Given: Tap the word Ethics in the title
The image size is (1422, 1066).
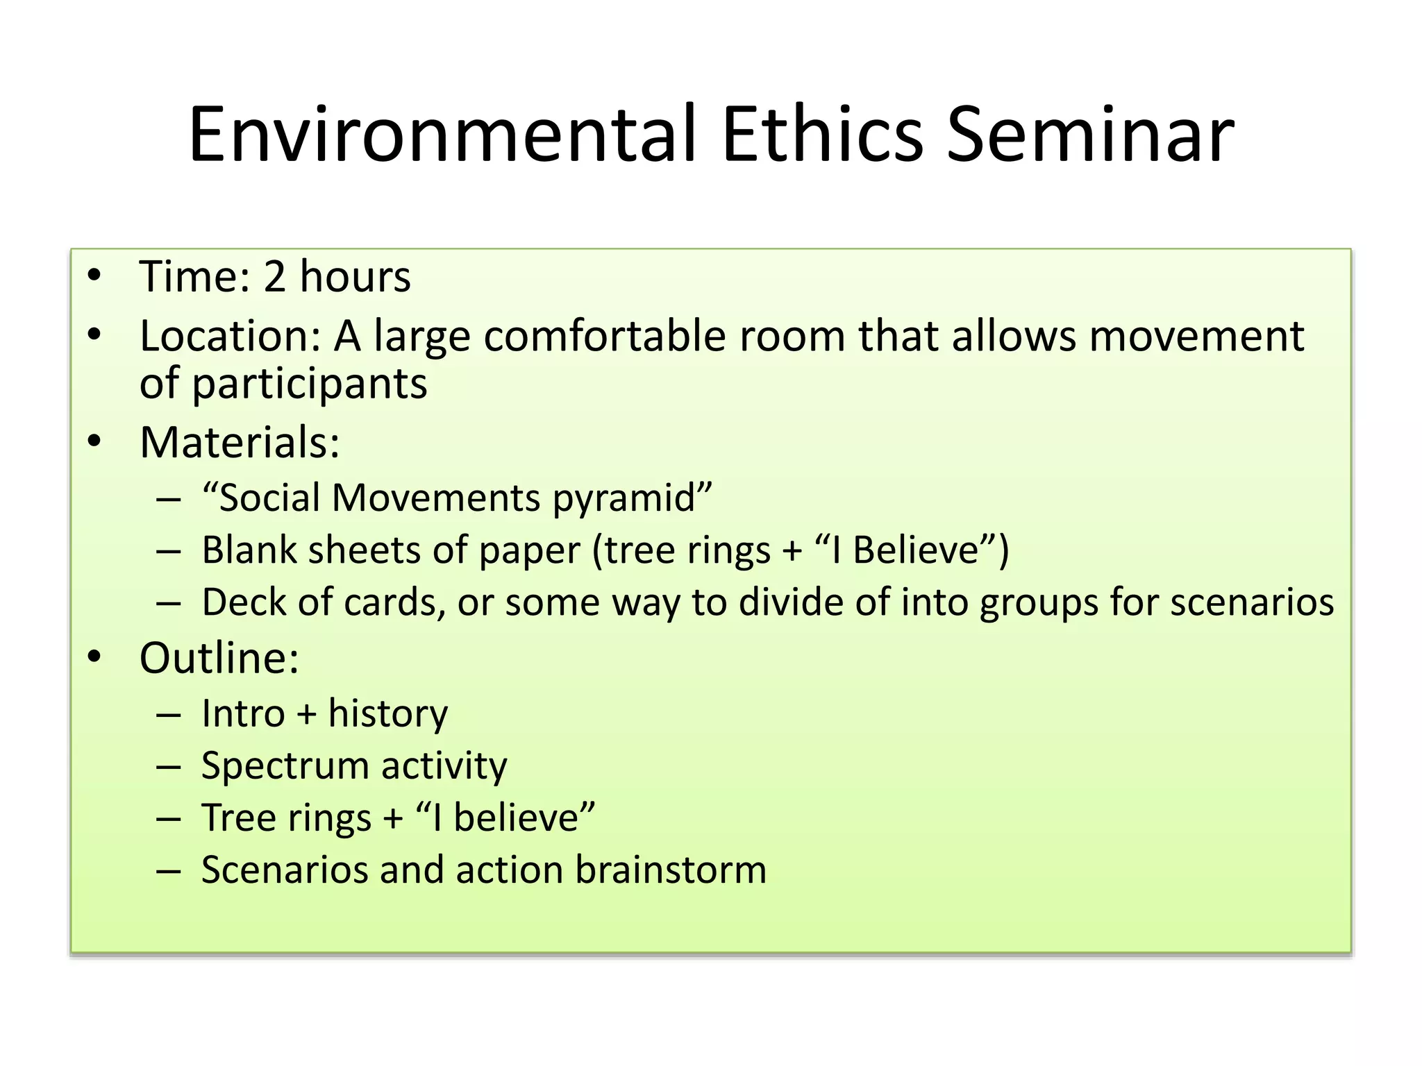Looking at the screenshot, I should point(822,135).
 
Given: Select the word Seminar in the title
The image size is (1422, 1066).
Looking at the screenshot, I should point(1090,135).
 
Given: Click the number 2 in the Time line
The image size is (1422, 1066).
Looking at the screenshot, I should point(275,277).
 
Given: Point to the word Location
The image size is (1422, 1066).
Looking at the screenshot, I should point(229,337).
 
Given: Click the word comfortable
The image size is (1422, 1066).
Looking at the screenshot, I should point(605,337).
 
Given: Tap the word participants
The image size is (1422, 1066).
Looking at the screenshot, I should point(310,385).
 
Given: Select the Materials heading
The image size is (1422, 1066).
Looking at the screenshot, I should point(240,442).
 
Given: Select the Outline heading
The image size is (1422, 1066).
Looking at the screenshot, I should point(219,658).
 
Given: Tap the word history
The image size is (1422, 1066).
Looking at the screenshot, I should point(388,714).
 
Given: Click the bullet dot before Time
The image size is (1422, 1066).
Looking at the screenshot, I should point(95,276).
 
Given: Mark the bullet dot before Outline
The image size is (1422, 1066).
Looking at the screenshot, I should point(95,657).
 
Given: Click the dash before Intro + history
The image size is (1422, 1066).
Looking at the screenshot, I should point(169,715).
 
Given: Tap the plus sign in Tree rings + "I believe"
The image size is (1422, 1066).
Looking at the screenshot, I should point(394,818).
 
